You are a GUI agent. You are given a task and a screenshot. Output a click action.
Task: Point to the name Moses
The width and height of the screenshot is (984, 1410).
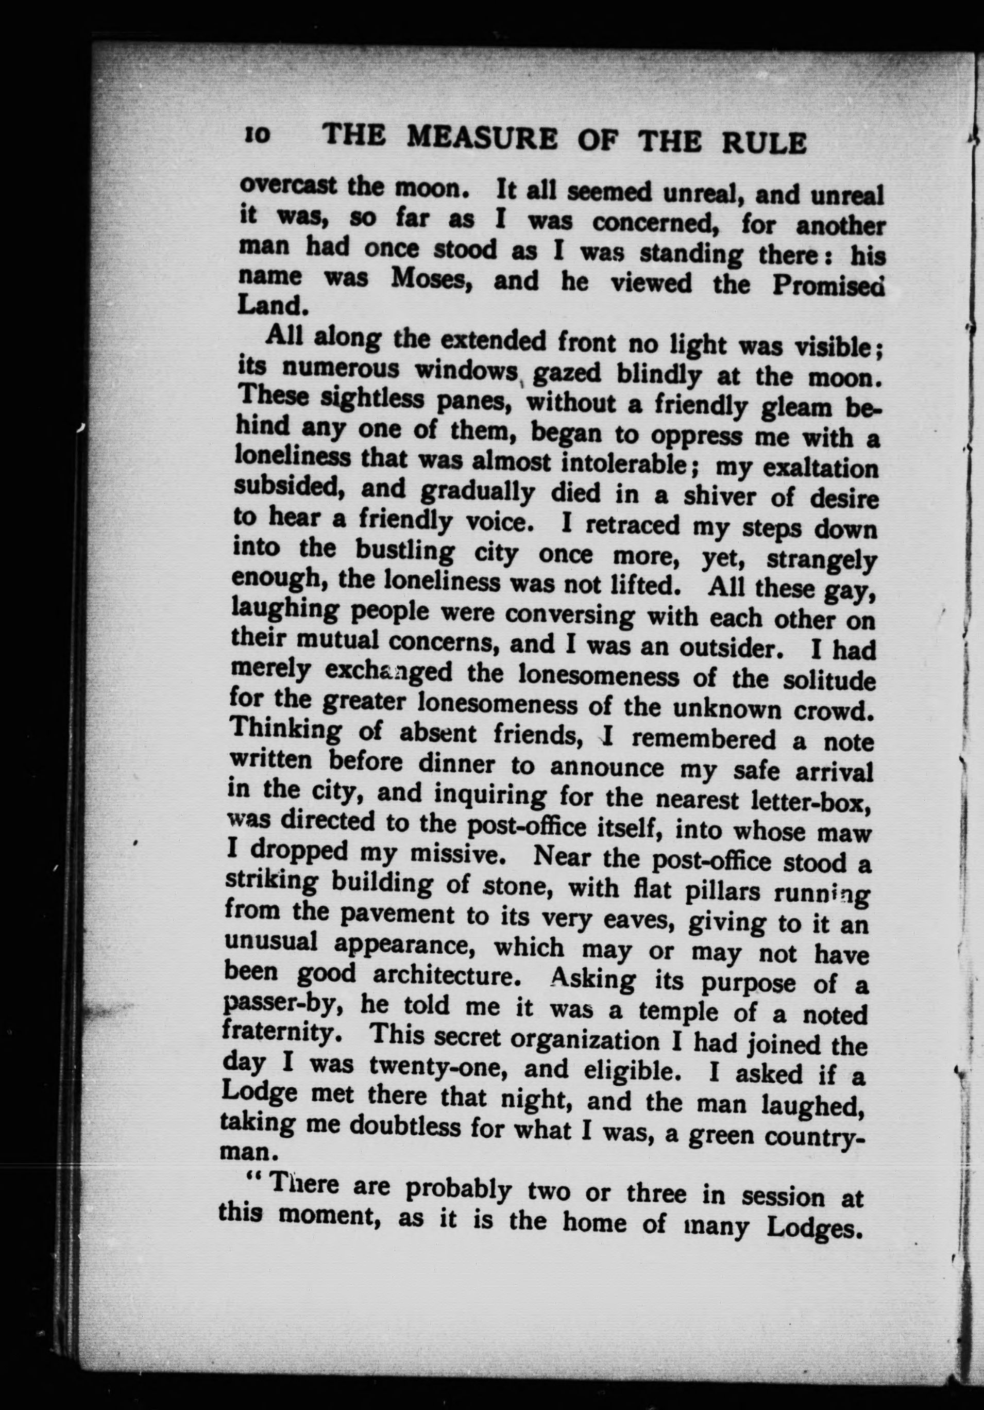[433, 279]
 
